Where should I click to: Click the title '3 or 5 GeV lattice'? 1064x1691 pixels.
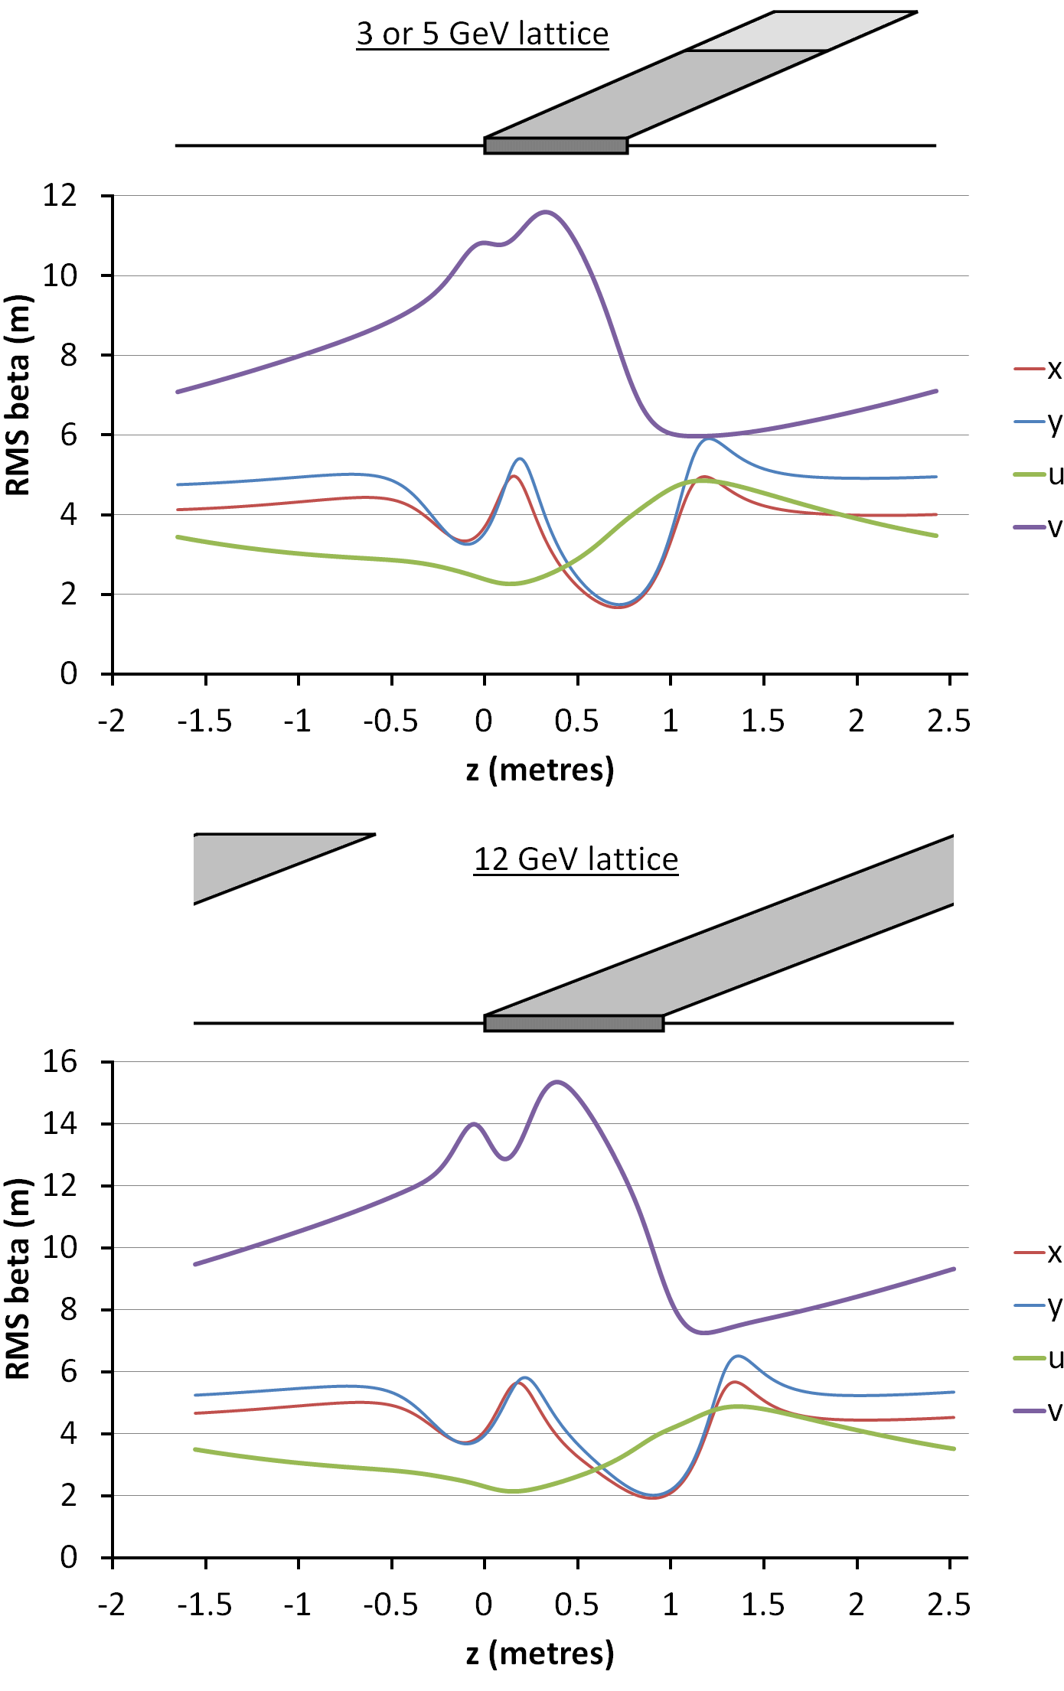[x=482, y=34]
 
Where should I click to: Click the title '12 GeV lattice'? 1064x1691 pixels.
[x=576, y=859]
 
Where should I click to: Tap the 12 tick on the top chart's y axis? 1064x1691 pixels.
[x=60, y=196]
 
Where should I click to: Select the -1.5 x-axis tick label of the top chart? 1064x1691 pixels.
[x=204, y=721]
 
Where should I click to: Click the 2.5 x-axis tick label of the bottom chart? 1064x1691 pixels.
[x=948, y=1605]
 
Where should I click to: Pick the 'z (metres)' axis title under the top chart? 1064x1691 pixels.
[x=540, y=770]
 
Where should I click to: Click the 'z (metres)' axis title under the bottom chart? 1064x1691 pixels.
[x=540, y=1654]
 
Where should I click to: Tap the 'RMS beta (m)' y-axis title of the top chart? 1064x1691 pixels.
[x=18, y=396]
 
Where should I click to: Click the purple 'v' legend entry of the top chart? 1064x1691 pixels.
[x=1039, y=527]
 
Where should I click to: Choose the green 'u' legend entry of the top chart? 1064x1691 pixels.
[x=1039, y=475]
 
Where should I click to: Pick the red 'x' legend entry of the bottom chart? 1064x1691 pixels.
[x=1039, y=1253]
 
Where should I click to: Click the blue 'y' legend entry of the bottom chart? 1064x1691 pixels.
[x=1039, y=1305]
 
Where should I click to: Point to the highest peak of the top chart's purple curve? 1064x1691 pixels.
[x=546, y=212]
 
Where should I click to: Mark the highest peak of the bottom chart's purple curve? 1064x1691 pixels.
[x=556, y=1082]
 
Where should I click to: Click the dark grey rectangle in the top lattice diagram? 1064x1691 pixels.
[x=556, y=145]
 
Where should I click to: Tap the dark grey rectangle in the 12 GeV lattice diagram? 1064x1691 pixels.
[x=573, y=1023]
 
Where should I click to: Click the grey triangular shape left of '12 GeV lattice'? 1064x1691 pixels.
[x=253, y=861]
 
